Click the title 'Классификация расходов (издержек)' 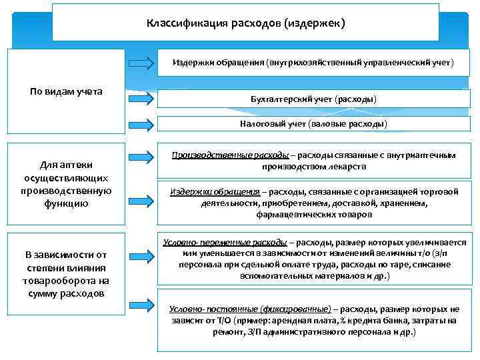point(245,23)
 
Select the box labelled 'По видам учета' point(66,91)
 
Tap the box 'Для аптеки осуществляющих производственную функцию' point(66,184)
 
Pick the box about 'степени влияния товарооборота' point(66,273)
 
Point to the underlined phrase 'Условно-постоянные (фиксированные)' point(250,309)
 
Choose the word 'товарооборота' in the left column point(66,281)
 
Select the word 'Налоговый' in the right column point(261,124)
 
